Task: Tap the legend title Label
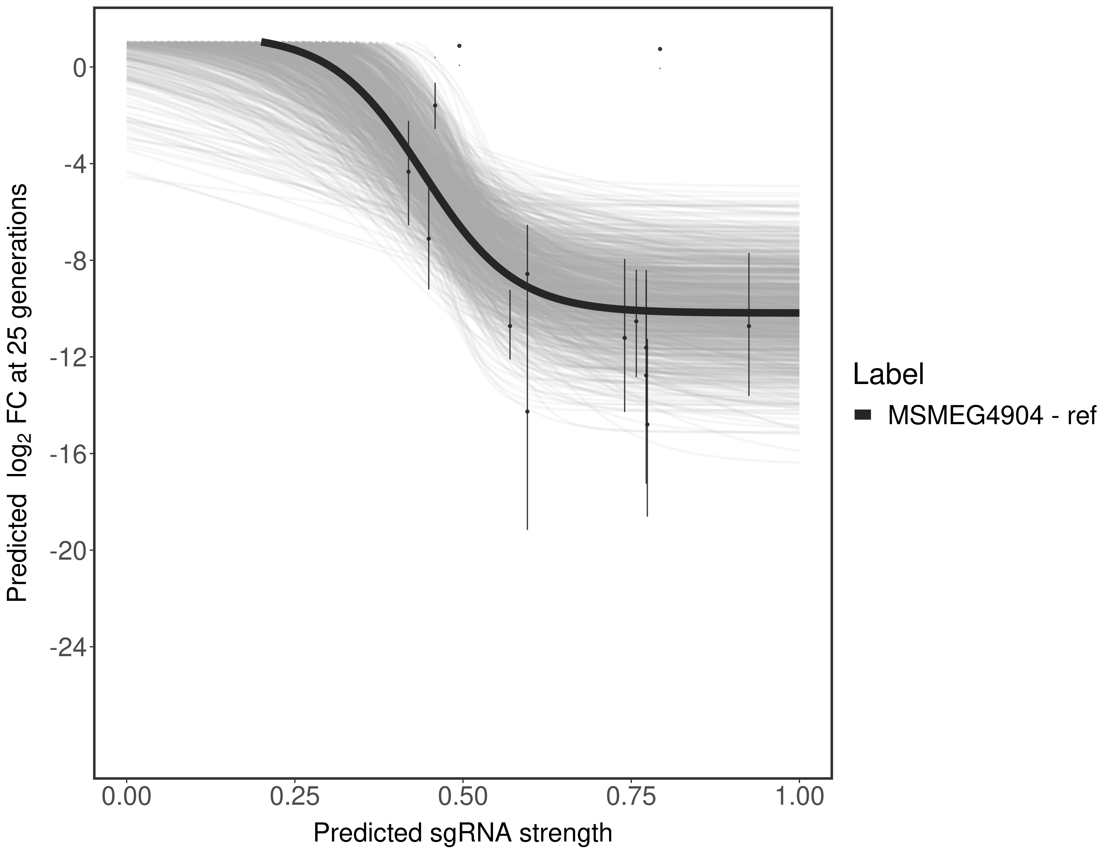pyautogui.click(x=888, y=375)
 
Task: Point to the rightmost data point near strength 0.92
pyautogui.click(x=749, y=326)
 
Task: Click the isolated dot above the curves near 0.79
pyautogui.click(x=660, y=49)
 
